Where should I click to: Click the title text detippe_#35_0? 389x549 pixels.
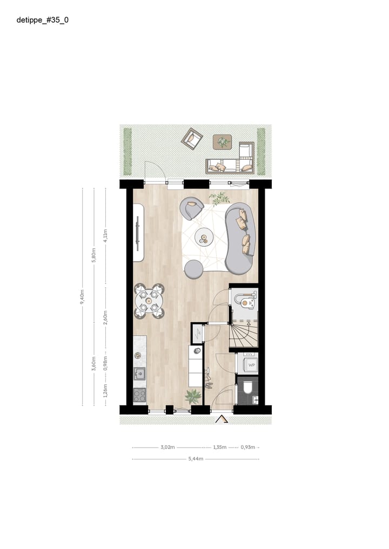[x=42, y=20]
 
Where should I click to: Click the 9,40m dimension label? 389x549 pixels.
[x=82, y=296]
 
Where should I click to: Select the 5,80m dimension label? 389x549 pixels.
[x=93, y=255]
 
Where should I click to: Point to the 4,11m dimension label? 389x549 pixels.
[x=105, y=235]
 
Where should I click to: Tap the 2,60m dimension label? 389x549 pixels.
[x=105, y=317]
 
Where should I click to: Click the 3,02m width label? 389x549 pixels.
[x=167, y=447]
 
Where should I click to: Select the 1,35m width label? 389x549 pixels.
[x=220, y=447]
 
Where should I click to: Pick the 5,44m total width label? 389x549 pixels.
[x=196, y=459]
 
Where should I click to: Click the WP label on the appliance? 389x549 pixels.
[x=251, y=365]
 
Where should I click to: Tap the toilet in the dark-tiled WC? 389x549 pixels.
[x=247, y=388]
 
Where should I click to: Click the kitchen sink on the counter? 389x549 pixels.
[x=140, y=374]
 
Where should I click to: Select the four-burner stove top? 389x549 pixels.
[x=140, y=395]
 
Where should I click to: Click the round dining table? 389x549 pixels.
[x=149, y=301]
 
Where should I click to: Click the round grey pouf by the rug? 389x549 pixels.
[x=194, y=269]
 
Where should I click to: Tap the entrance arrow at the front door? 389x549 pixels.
[x=222, y=419]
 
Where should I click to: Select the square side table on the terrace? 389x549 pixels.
[x=222, y=142]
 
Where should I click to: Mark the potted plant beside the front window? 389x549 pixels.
[x=193, y=396]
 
